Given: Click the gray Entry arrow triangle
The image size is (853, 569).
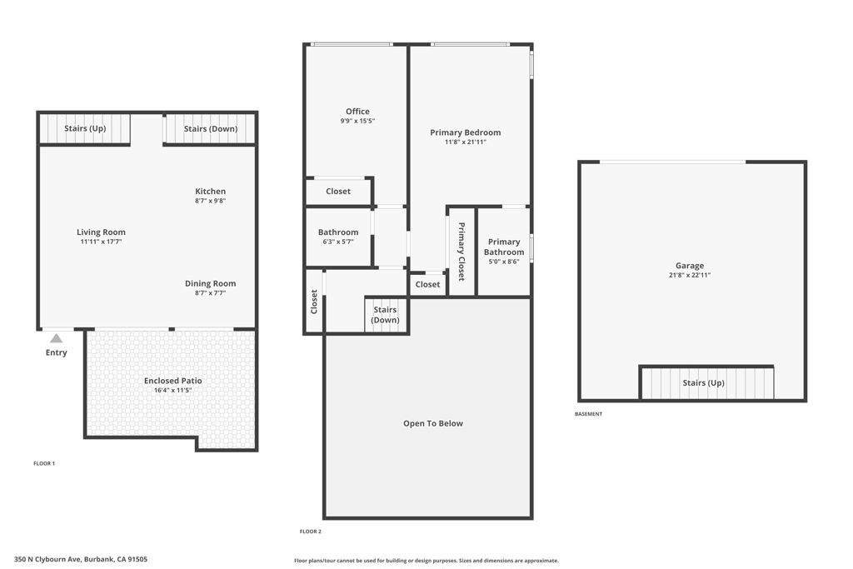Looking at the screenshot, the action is (x=57, y=338).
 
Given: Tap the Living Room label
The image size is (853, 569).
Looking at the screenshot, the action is (x=101, y=232).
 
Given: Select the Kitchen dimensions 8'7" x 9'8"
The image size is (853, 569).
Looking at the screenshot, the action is (x=211, y=201).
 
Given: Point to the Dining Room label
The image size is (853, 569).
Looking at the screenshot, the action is (x=211, y=283).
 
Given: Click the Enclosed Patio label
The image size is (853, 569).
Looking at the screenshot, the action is (x=173, y=381).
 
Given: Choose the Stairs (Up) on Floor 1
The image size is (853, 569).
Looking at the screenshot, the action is (x=85, y=128).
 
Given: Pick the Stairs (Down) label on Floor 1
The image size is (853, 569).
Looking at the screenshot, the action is (x=211, y=129).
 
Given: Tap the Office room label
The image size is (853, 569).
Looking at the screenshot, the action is (x=357, y=112).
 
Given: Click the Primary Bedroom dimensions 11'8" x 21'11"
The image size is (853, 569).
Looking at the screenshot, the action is (x=466, y=142).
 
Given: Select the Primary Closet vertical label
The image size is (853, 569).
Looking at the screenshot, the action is (x=461, y=252).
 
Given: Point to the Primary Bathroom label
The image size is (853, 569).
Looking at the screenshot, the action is (x=504, y=247).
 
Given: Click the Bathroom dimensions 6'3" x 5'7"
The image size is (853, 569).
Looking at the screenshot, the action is (x=338, y=242).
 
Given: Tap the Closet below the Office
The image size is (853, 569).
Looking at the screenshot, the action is (x=338, y=192).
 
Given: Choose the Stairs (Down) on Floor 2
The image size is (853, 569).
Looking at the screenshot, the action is (x=385, y=314).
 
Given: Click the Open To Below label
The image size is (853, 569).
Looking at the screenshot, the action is (x=433, y=423).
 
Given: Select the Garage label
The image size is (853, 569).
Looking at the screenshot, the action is (x=690, y=266).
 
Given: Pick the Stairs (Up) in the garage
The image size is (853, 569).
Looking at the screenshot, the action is (x=703, y=383).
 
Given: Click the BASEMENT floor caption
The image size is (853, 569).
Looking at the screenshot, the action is (x=589, y=414).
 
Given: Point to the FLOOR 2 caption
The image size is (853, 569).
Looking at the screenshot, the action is (x=311, y=532).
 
